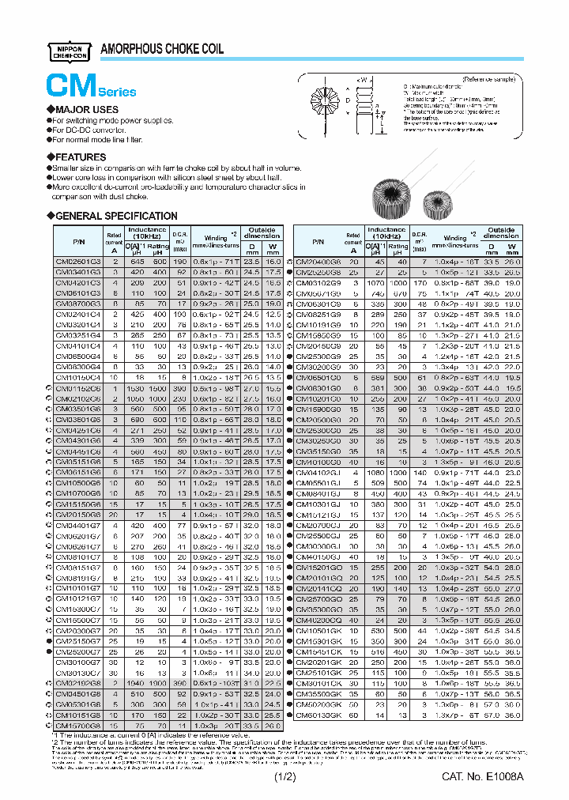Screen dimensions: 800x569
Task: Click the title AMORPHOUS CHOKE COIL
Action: (162, 49)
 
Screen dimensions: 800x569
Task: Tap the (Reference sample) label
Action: (489, 79)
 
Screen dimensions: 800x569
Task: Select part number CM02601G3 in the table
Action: (77, 261)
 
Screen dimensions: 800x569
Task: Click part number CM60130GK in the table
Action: (318, 715)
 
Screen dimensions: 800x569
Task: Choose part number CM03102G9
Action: (318, 281)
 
